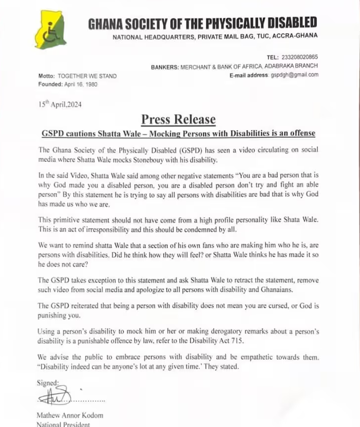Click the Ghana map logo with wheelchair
pyautogui.click(x=50, y=30)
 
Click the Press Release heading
pyautogui.click(x=179, y=120)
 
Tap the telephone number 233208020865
pyautogui.click(x=299, y=57)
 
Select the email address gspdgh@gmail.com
pyautogui.click(x=294, y=75)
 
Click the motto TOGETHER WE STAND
pyautogui.click(x=87, y=76)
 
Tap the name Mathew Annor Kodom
pyautogui.click(x=70, y=415)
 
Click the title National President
pyautogui.click(x=63, y=424)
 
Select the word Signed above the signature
pyautogui.click(x=48, y=383)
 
